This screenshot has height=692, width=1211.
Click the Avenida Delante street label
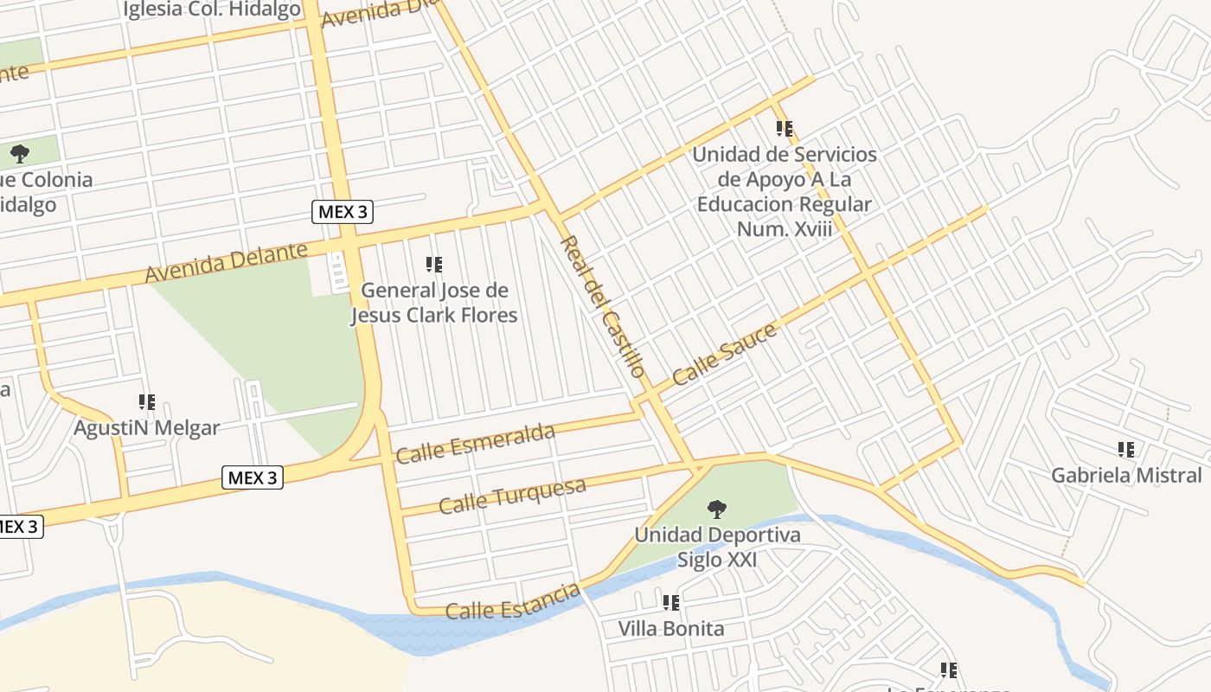click(x=226, y=262)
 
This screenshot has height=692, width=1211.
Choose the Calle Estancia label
click(x=512, y=602)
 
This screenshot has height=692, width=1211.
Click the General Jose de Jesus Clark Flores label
click(x=433, y=303)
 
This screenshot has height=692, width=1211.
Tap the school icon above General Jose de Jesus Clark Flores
click(x=434, y=265)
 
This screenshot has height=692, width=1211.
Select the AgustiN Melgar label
click(x=146, y=427)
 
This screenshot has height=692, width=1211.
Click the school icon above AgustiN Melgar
click(x=147, y=402)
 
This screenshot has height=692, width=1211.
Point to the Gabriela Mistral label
click(x=1126, y=475)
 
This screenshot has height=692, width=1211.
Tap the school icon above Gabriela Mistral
click(x=1126, y=450)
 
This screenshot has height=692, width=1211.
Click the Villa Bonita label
click(x=671, y=628)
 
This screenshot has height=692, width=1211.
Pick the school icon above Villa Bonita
click(x=671, y=603)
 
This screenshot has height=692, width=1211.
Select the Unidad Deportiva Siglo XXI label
click(x=717, y=547)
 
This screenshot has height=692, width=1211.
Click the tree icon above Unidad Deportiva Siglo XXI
click(x=716, y=509)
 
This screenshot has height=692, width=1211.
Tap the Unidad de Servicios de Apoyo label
click(x=785, y=191)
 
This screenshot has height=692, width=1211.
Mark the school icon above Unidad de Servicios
click(x=785, y=130)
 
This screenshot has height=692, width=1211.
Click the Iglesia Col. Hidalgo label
click(x=212, y=10)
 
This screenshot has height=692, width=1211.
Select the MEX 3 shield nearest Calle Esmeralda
click(x=253, y=477)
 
